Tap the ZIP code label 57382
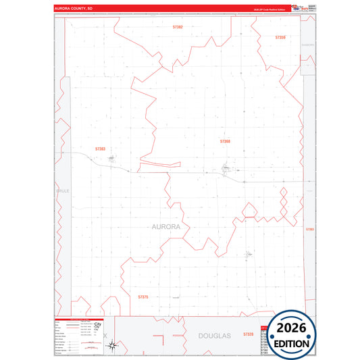(x=178, y=26)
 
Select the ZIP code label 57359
(x=280, y=37)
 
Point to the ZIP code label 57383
(x=101, y=149)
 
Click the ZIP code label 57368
(x=225, y=141)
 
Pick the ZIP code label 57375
(x=143, y=297)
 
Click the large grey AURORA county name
(x=162, y=227)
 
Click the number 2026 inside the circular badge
(x=291, y=328)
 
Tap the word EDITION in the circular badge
(x=291, y=343)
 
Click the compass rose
(x=115, y=345)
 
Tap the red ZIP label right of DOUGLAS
(x=248, y=334)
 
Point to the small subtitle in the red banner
(x=270, y=10)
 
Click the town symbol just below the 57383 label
(x=111, y=159)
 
